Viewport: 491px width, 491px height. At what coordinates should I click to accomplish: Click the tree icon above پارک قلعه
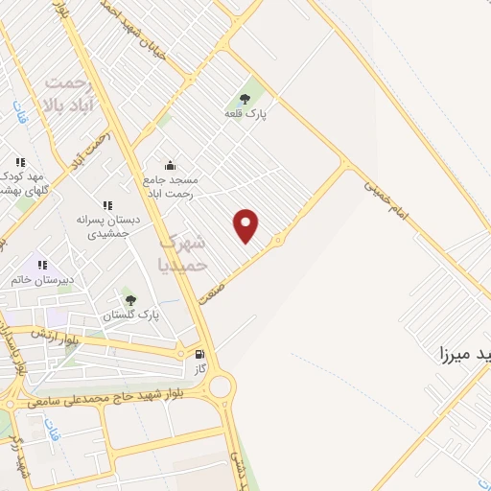pos(245,97)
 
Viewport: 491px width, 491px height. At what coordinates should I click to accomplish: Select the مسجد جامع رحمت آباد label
pos(168,186)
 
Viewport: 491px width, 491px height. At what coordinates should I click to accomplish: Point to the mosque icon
pos(170,165)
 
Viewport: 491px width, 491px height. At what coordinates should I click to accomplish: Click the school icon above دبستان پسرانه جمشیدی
pos(107,205)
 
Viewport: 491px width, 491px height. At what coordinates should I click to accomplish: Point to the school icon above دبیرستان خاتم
pos(41,263)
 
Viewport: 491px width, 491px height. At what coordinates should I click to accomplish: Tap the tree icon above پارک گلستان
pos(130,299)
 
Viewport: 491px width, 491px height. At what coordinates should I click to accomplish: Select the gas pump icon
pos(199,352)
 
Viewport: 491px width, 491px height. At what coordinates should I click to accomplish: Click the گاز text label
pos(199,367)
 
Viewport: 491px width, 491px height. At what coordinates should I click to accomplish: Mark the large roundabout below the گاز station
pos(222,387)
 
